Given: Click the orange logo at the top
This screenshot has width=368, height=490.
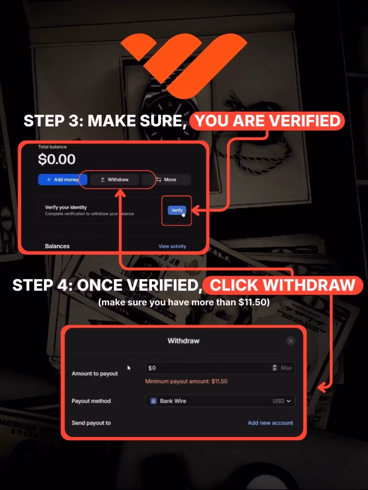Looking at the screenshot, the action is pyautogui.click(x=183, y=64).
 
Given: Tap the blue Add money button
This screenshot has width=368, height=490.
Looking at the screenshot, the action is pyautogui.click(x=62, y=179).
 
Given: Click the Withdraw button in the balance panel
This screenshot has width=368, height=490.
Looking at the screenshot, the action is pyautogui.click(x=115, y=179).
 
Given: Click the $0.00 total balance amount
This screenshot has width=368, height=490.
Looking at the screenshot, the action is pyautogui.click(x=57, y=159).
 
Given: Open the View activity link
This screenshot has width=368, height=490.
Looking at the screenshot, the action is pyautogui.click(x=172, y=246).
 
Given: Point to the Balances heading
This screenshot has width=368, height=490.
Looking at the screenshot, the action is pyautogui.click(x=57, y=246).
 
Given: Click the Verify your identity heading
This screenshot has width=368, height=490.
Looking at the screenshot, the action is pyautogui.click(x=66, y=207).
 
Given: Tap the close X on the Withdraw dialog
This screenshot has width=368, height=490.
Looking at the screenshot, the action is pyautogui.click(x=291, y=341).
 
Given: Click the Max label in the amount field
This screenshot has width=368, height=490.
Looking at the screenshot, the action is pyautogui.click(x=286, y=368).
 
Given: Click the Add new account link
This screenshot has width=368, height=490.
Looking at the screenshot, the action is pyautogui.click(x=270, y=423).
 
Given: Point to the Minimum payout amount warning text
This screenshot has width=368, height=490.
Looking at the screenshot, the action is pyautogui.click(x=186, y=381).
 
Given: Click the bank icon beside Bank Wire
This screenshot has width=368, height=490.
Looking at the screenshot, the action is pyautogui.click(x=154, y=401).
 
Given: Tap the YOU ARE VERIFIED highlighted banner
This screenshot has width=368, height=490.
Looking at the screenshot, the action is pyautogui.click(x=267, y=121).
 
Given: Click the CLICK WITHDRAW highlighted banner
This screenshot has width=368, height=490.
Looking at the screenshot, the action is pyautogui.click(x=283, y=285).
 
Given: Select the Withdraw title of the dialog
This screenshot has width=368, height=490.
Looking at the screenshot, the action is pyautogui.click(x=183, y=341).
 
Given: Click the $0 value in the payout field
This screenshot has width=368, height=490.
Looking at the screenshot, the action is pyautogui.click(x=152, y=368).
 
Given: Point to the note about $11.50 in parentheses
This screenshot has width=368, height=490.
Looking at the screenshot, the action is pyautogui.click(x=184, y=302).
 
